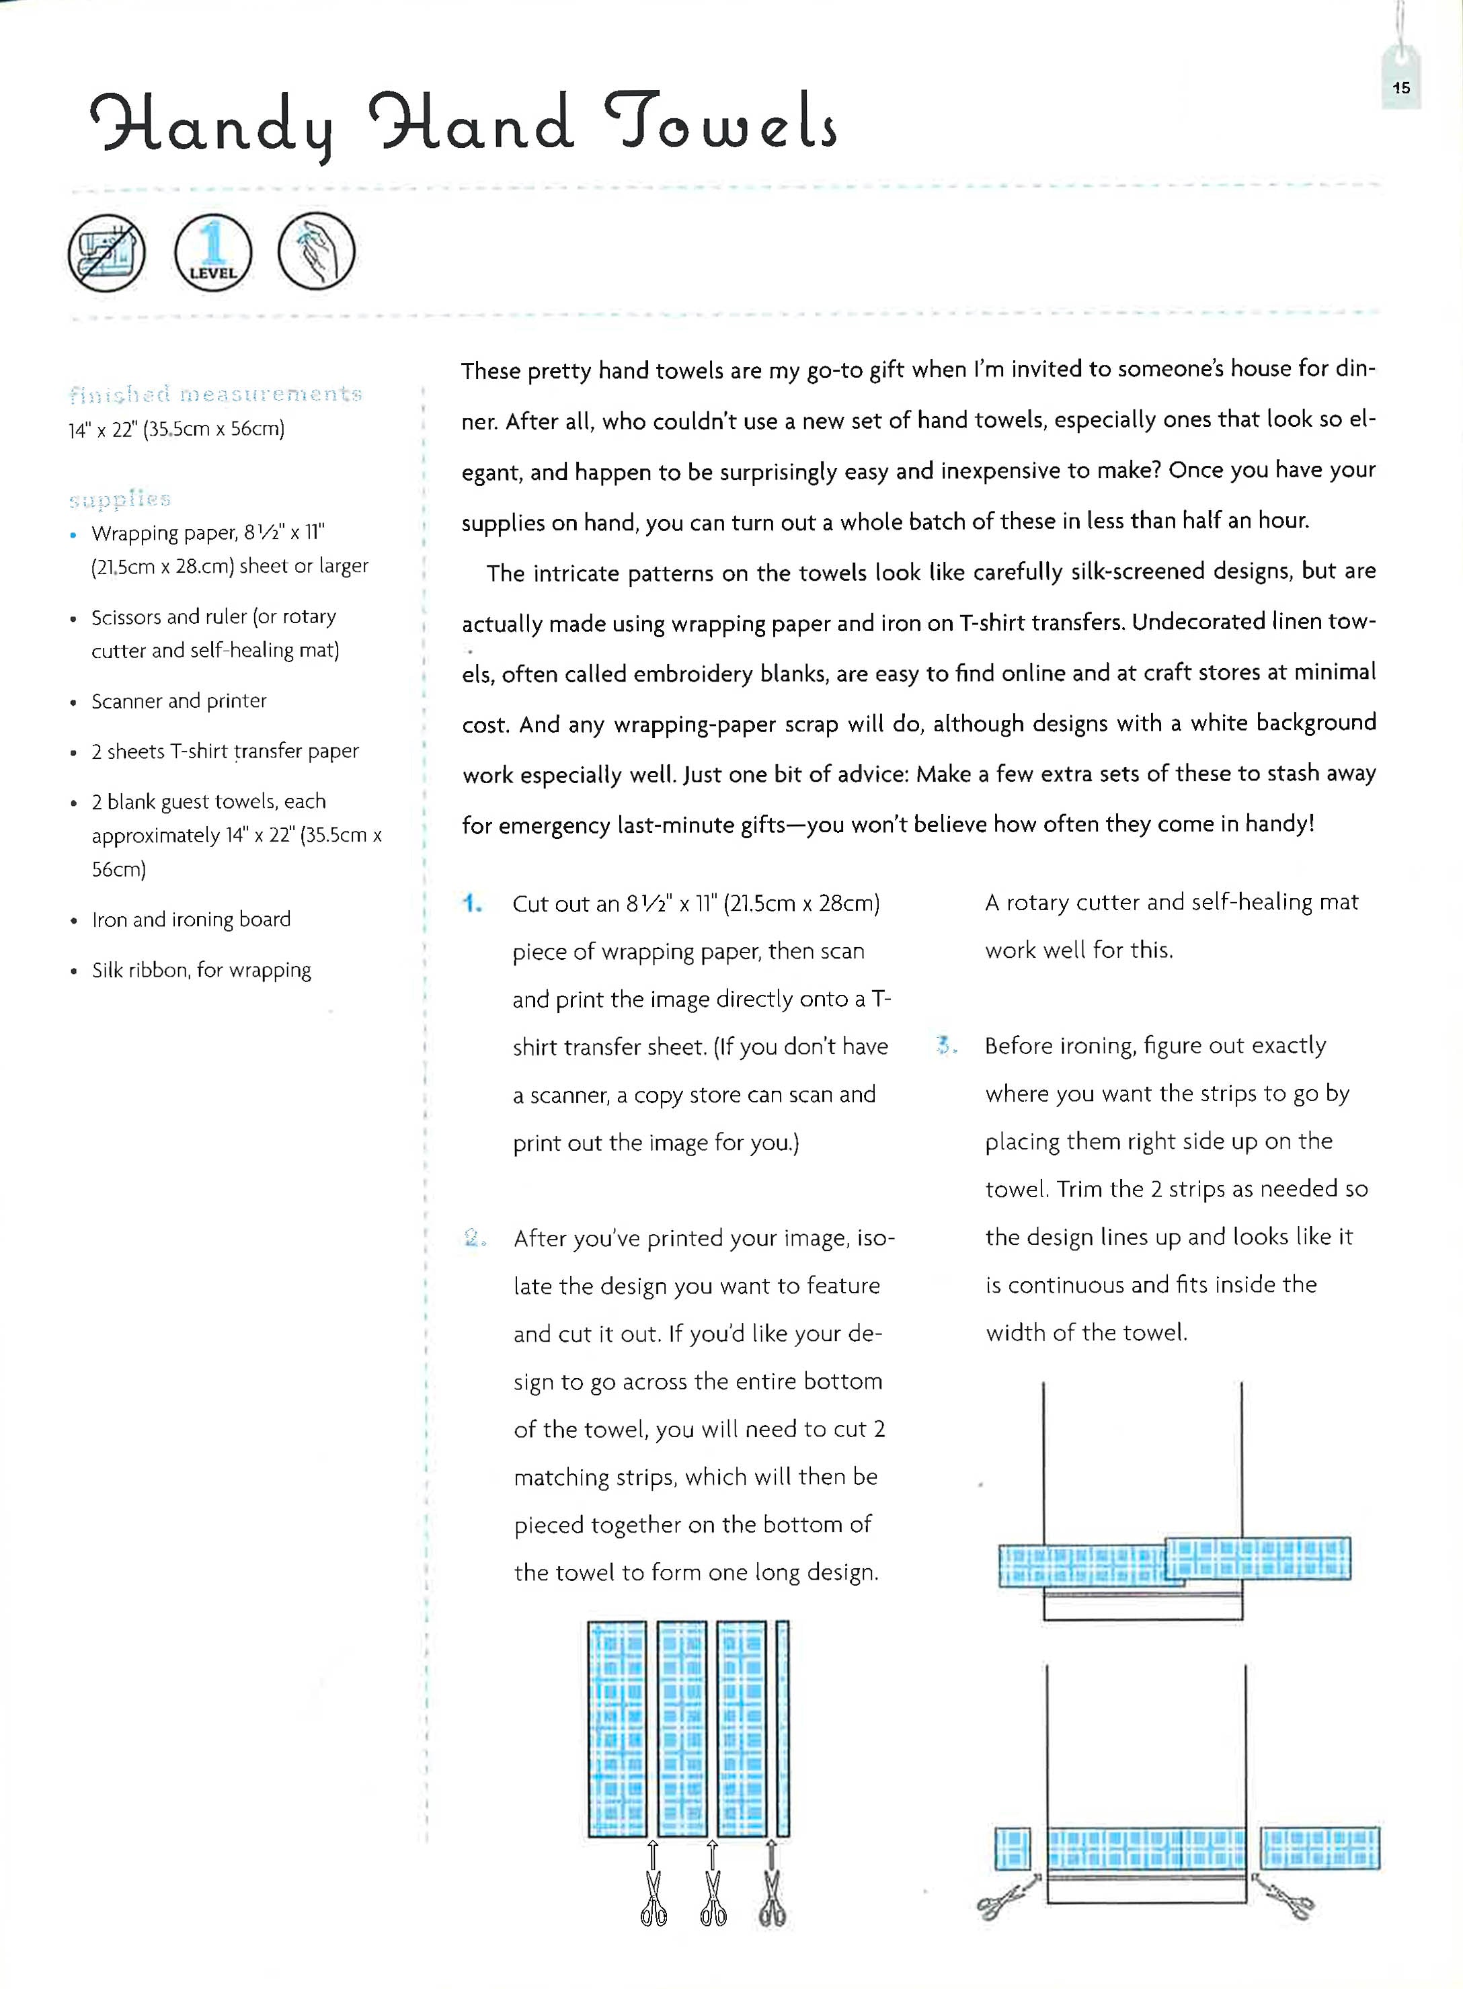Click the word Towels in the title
tap(720, 124)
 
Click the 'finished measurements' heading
tap(215, 393)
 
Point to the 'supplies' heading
tap(120, 499)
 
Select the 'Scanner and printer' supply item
tap(179, 701)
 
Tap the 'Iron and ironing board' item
tap(192, 920)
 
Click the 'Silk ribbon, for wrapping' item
tap(202, 970)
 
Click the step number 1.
tap(472, 904)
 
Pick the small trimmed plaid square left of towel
tap(1013, 1849)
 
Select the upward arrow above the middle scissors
tap(712, 1854)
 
